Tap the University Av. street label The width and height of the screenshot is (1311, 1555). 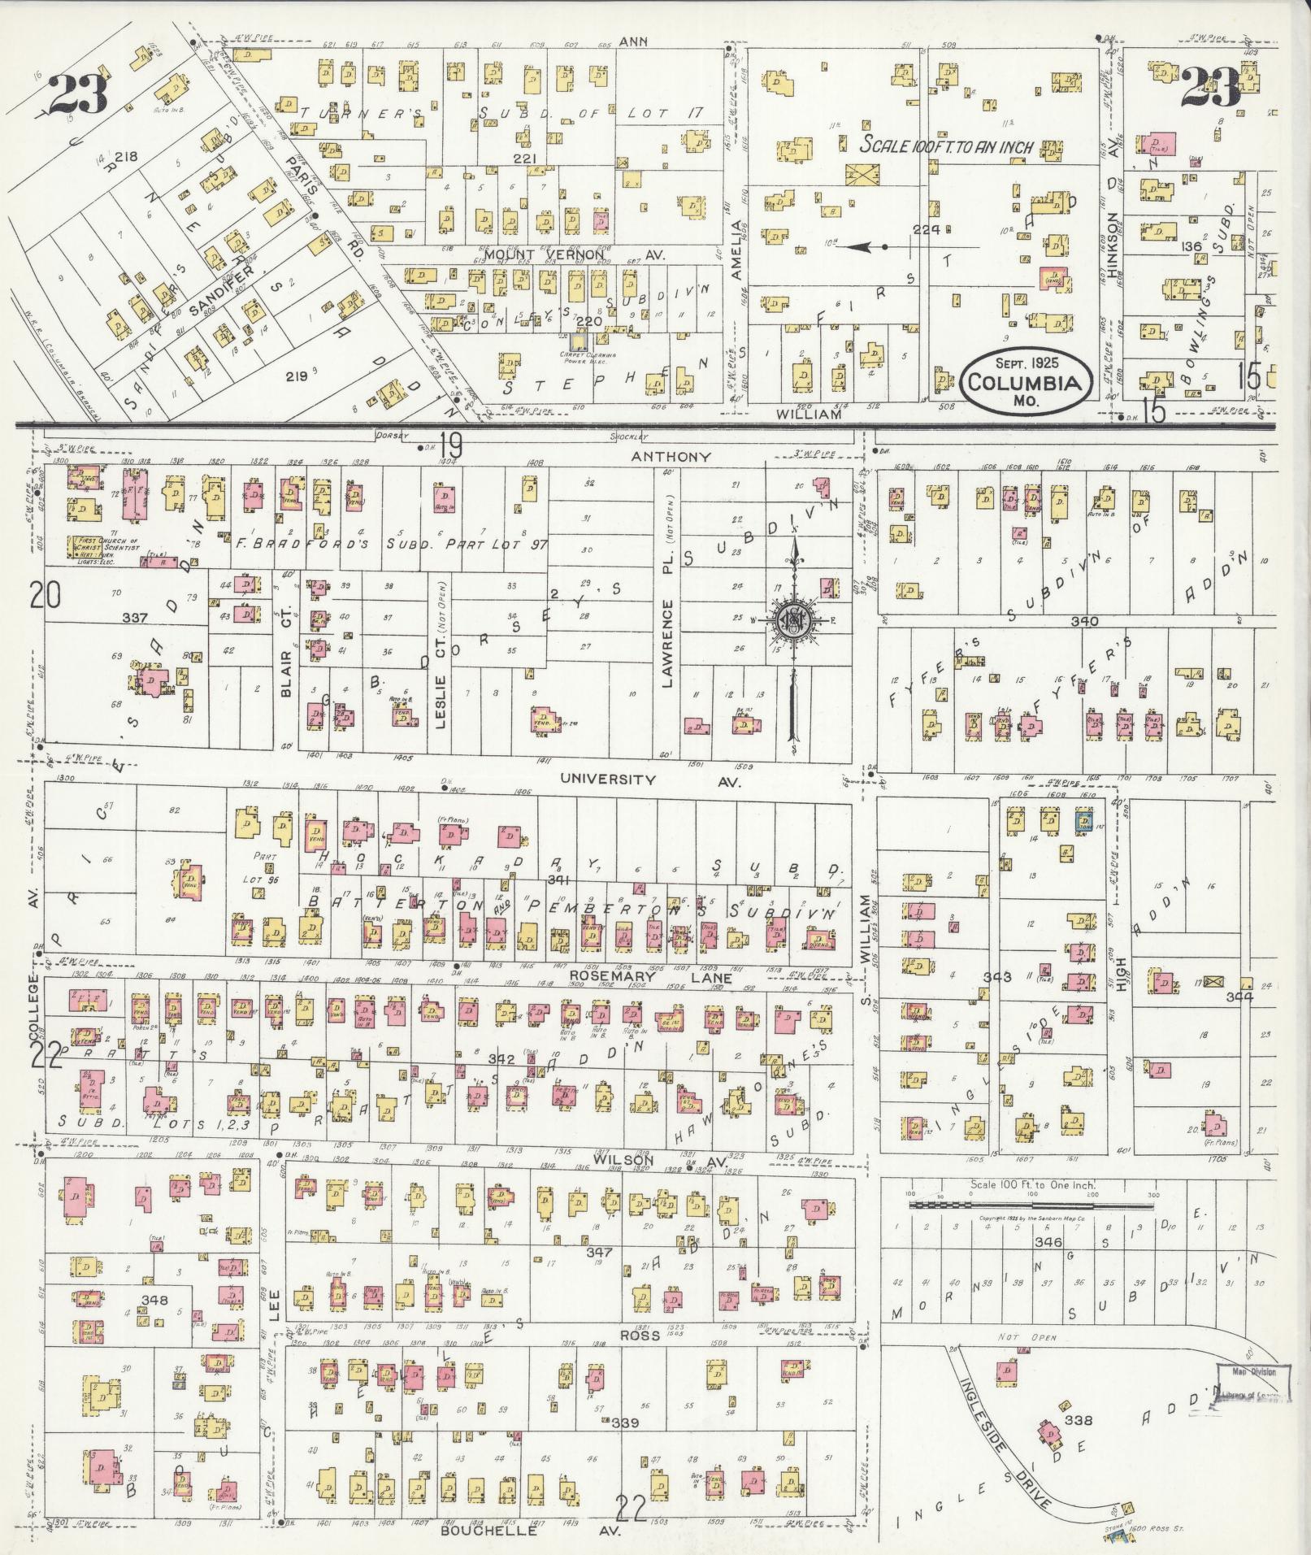607,780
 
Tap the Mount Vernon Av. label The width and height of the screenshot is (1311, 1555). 574,254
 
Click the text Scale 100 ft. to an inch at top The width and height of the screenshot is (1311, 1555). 947,148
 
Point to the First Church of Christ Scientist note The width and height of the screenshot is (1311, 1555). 106,545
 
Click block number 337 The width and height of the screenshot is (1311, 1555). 135,618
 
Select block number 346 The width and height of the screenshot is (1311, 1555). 1048,1243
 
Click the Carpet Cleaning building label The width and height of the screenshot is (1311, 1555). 582,357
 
